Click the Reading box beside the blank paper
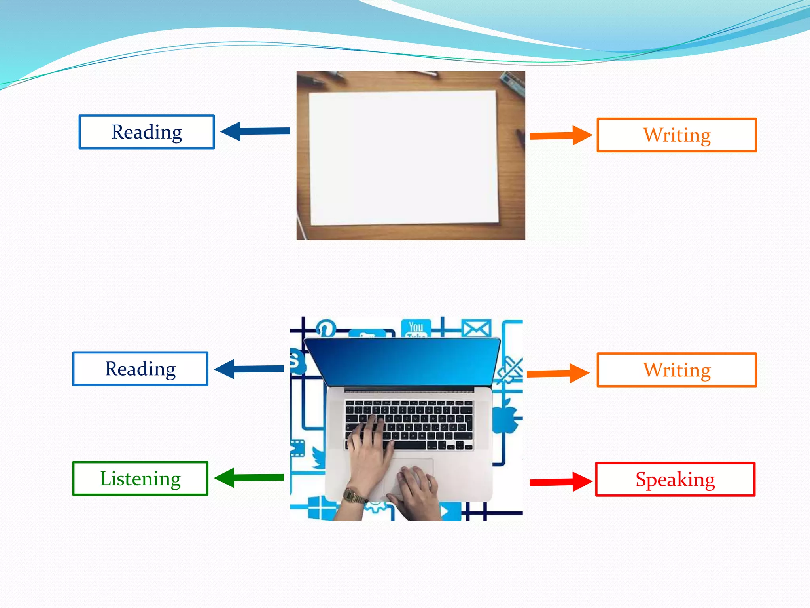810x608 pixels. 146,132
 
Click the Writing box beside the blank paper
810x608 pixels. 676,135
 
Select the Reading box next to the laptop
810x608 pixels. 140,369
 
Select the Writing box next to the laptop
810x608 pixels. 676,370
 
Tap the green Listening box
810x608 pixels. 140,478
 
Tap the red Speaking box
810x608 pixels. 675,479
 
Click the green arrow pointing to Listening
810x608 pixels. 249,478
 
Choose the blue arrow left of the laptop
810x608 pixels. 249,369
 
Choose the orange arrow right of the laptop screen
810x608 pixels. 558,373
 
